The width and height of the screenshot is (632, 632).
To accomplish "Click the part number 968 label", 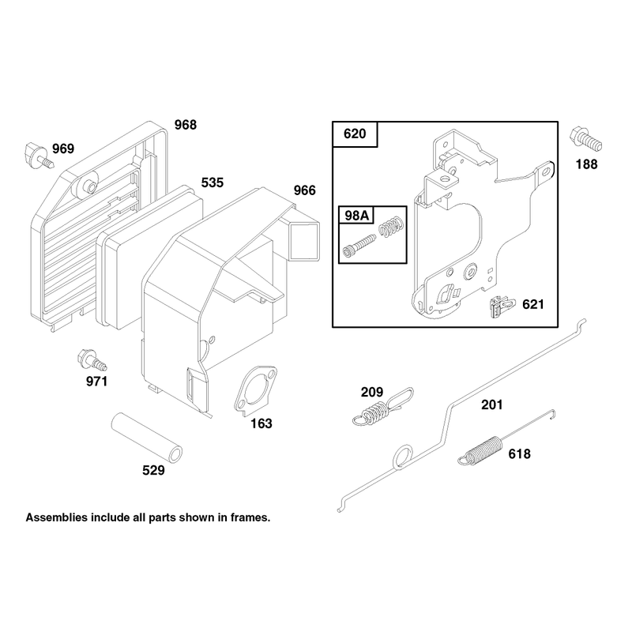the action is [x=186, y=125].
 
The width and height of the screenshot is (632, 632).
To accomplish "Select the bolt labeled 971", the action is [x=92, y=359].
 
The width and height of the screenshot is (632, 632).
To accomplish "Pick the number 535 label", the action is [x=213, y=182].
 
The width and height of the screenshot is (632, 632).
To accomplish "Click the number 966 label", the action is [x=305, y=190].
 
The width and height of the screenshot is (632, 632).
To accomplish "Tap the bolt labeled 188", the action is [x=585, y=140].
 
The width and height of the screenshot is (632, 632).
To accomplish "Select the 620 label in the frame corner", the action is [x=355, y=134].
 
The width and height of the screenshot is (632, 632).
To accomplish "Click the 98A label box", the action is [x=357, y=216].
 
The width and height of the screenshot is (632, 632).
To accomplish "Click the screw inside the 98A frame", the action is [x=359, y=246].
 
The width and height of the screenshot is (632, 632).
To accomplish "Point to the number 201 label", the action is [x=491, y=404].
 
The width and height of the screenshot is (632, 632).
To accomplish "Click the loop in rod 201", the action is [x=402, y=457].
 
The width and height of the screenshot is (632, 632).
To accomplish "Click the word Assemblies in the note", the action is [x=57, y=517].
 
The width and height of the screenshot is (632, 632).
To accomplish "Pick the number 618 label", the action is [x=519, y=454].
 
